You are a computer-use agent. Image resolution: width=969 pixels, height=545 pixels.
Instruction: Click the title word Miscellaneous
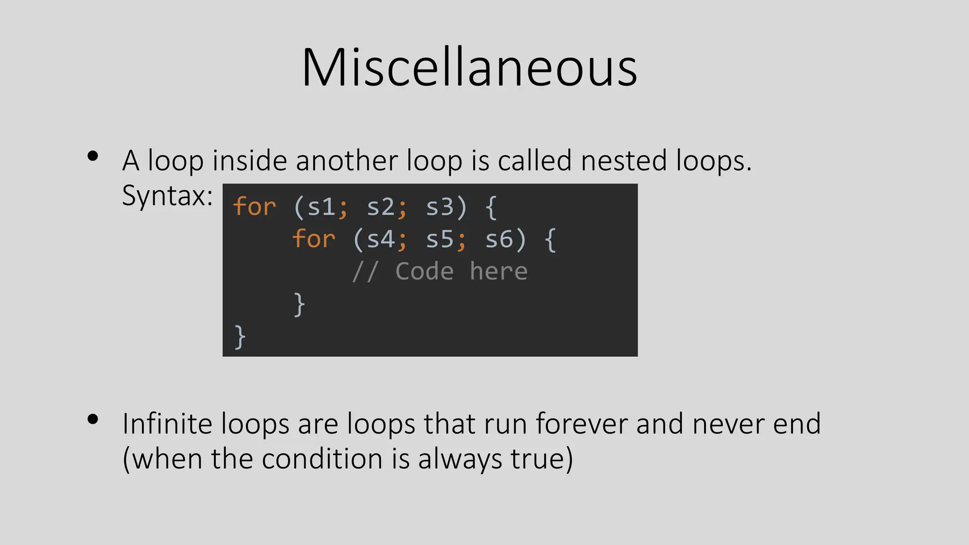(469, 67)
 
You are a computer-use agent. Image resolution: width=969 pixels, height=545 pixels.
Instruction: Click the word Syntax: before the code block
(167, 195)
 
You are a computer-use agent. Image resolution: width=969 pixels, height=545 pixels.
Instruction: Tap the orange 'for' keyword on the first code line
(255, 206)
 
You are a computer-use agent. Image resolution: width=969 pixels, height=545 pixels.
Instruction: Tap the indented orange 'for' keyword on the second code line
(314, 238)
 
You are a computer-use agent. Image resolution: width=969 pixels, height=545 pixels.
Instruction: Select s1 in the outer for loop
(321, 207)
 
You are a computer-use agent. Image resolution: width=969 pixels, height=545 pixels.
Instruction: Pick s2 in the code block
(380, 207)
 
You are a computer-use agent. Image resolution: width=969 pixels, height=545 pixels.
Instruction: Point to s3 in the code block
(440, 207)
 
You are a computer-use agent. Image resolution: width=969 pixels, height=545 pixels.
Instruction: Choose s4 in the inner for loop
(380, 239)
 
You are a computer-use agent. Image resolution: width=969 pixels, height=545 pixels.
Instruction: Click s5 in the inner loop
(440, 239)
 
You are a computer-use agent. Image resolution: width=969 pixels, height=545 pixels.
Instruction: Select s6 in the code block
(499, 239)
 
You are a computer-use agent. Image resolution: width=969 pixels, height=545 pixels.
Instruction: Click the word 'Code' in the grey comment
(424, 271)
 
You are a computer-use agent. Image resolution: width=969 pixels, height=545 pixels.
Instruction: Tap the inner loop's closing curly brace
(299, 304)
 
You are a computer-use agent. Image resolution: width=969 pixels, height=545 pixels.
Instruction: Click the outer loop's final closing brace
(240, 336)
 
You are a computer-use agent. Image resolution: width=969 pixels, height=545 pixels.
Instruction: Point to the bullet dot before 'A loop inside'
(93, 156)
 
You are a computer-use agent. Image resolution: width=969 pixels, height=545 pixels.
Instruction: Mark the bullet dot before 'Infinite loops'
(93, 419)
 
